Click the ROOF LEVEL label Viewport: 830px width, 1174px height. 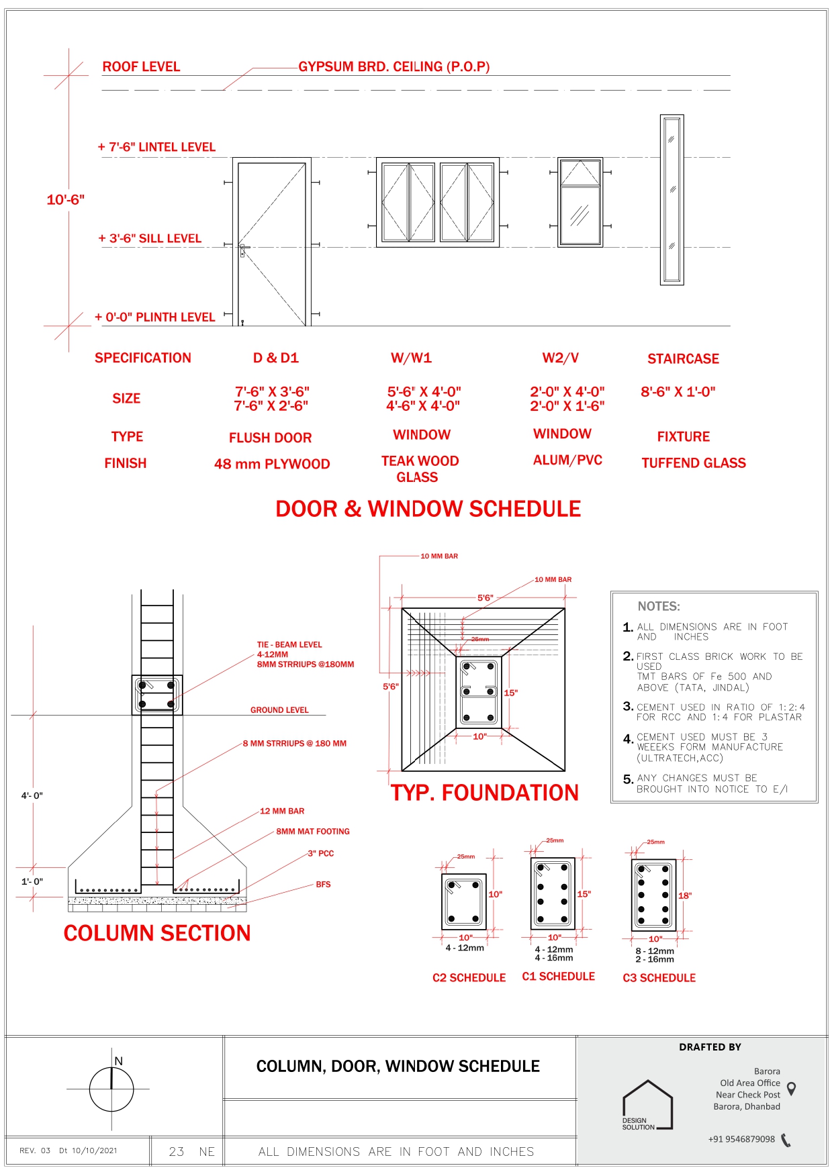141,67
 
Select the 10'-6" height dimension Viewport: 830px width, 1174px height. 65,200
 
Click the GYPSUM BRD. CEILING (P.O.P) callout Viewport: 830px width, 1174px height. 394,67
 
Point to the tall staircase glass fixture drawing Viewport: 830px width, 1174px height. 672,200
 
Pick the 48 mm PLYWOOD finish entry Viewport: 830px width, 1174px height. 272,464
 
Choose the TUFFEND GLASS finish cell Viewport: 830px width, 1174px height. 693,463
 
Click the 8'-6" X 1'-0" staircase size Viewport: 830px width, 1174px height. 678,392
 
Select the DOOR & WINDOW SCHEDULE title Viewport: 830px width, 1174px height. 428,509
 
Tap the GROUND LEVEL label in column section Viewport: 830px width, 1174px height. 279,710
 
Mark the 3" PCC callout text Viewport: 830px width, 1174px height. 320,854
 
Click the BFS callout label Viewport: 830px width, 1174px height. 323,885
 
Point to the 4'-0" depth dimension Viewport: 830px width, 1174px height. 32,796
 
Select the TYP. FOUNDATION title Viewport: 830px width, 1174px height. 484,793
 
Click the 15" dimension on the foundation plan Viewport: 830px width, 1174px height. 510,693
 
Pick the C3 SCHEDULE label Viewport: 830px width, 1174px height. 659,978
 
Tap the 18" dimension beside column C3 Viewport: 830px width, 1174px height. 684,895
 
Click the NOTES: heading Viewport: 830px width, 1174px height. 658,607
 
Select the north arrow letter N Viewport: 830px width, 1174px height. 119,1061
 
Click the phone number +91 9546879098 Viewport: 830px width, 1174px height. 741,1139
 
